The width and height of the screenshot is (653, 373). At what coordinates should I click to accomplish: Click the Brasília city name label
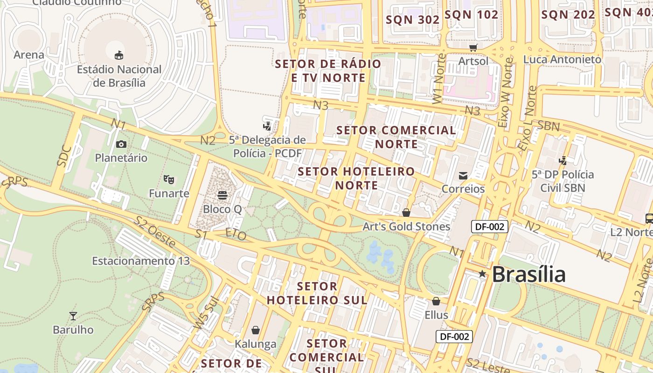click(528, 274)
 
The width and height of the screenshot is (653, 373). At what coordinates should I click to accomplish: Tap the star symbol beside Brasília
click(482, 274)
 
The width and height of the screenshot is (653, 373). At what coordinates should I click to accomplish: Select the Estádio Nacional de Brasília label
click(119, 76)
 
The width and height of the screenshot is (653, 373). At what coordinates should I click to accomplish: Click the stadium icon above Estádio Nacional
click(119, 55)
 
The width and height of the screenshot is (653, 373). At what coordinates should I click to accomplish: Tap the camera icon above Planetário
click(121, 145)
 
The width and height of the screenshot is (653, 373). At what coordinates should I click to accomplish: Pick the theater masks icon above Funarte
click(169, 179)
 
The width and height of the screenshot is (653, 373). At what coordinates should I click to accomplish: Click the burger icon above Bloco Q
click(222, 195)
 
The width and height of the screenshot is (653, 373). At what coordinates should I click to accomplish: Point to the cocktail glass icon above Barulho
click(73, 316)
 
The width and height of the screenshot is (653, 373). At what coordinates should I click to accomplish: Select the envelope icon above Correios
click(463, 175)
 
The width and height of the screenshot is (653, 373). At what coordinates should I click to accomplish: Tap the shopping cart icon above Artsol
click(473, 47)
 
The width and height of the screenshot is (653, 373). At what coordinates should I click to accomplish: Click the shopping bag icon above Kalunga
click(256, 330)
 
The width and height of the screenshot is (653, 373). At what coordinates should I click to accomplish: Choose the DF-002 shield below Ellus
click(454, 336)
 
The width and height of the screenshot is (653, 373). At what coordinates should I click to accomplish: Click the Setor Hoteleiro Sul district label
click(317, 293)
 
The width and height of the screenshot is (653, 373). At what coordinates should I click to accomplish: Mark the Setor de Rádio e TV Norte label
click(328, 70)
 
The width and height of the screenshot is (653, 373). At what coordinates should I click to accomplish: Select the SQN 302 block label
click(413, 20)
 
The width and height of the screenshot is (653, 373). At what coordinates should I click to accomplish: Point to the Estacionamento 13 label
click(141, 261)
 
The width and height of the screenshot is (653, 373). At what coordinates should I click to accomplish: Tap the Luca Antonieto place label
click(562, 59)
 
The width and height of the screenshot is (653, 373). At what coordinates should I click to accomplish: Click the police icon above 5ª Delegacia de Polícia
click(267, 126)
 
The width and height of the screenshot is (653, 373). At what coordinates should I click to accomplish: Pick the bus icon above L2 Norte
click(649, 218)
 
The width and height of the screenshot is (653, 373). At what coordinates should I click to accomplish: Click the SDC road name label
click(64, 156)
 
